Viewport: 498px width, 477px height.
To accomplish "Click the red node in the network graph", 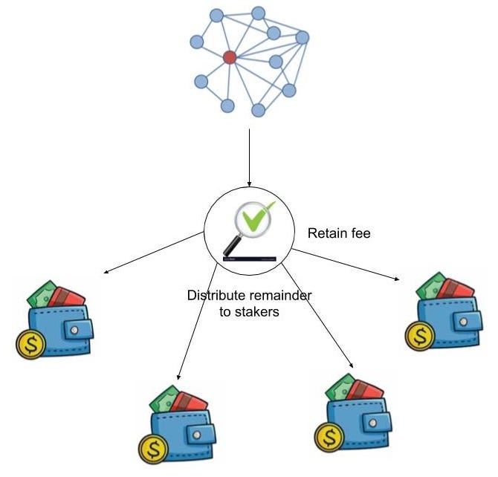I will click(x=230, y=56).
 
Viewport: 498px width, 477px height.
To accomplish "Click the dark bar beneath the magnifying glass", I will click(x=248, y=259).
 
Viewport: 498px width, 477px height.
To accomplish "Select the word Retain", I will click(x=325, y=234).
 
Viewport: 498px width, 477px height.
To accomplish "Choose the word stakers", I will click(x=259, y=313).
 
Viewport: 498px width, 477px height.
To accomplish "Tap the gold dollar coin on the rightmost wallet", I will click(x=420, y=336).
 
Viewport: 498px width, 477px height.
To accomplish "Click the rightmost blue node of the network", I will click(x=302, y=37).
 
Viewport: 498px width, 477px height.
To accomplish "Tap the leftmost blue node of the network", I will click(x=197, y=42).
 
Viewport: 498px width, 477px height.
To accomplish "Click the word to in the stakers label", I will click(x=227, y=313).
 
